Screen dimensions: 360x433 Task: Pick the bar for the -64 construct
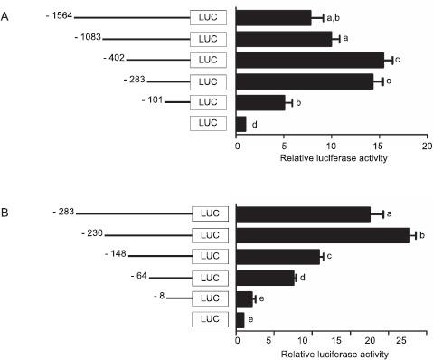click(266, 277)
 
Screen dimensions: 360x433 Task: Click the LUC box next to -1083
click(209, 39)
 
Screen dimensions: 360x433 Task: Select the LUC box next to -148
click(211, 256)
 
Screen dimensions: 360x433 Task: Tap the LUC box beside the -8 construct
click(211, 298)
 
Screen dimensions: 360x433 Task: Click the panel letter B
click(7, 213)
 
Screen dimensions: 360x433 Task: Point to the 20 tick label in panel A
click(426, 146)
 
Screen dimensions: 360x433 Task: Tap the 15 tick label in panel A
click(378, 146)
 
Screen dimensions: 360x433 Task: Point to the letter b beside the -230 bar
click(423, 235)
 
